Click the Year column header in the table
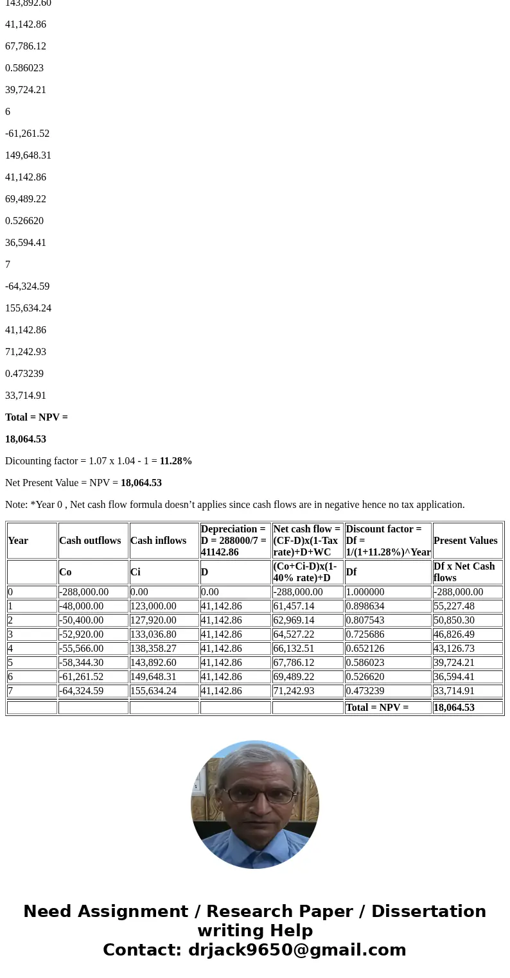point(18,541)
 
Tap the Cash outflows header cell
point(90,541)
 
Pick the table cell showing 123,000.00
point(153,606)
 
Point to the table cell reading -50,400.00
point(81,620)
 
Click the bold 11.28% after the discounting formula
point(175,461)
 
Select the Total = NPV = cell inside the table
point(377,708)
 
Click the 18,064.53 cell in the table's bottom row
point(453,708)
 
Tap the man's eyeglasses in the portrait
point(255,795)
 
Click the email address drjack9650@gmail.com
point(297,950)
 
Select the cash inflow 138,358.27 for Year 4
point(153,649)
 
